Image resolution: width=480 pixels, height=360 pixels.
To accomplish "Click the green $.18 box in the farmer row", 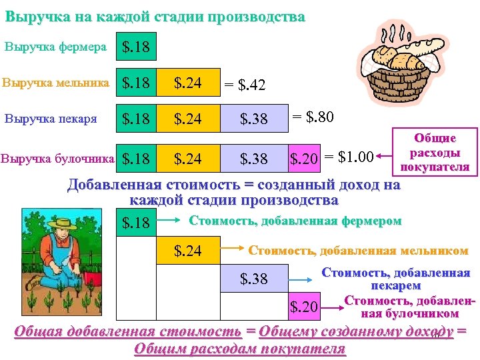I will click(x=136, y=47).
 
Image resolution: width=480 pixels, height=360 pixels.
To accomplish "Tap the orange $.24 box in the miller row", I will click(x=189, y=83).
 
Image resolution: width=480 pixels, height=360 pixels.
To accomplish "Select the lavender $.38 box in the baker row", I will click(x=253, y=119).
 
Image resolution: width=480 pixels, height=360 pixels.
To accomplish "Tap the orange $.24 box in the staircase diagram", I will click(x=189, y=251).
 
